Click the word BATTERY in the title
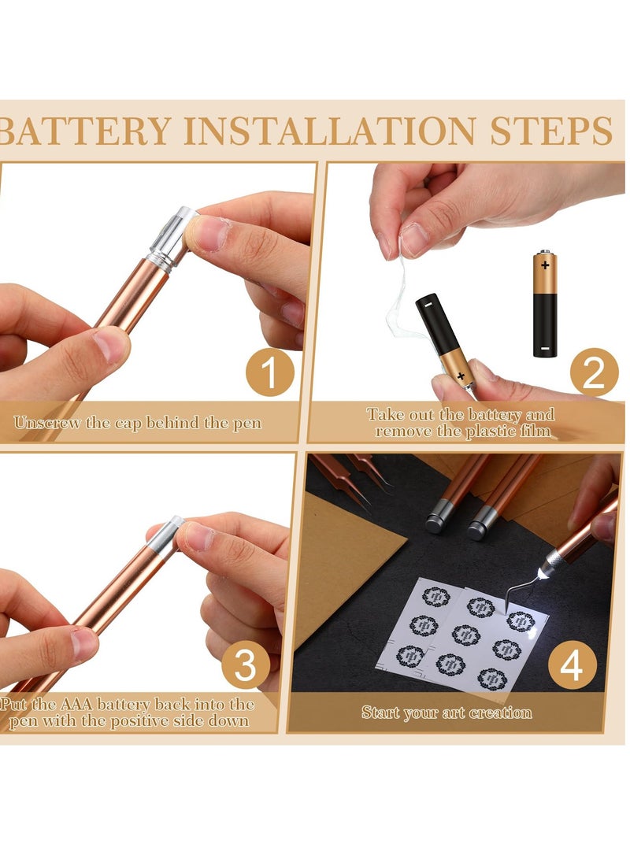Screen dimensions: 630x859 coord(85,131)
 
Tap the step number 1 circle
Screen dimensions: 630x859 coord(269,372)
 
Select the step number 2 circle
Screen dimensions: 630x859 coord(595,372)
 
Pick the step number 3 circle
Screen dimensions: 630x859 coord(246,665)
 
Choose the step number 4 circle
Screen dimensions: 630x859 coord(572,665)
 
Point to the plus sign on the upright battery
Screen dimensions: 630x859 coord(545,265)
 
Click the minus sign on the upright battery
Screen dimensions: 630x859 coord(544,348)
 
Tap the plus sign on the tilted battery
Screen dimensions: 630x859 coord(461,376)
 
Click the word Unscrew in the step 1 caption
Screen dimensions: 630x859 coord(48,423)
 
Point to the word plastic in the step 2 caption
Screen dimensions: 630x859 coord(491,431)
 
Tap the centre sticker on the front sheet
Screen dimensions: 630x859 coord(466,635)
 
